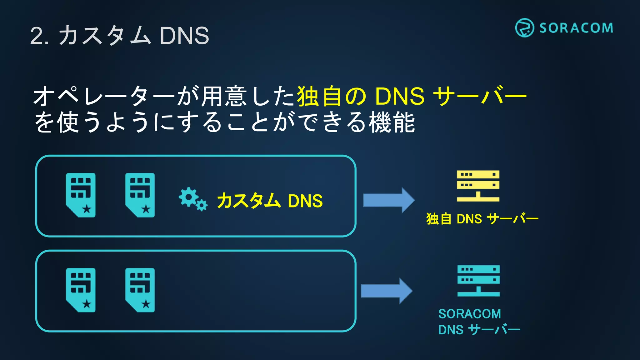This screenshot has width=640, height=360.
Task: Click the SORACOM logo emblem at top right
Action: pyautogui.click(x=524, y=28)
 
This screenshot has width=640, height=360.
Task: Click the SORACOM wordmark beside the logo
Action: pyautogui.click(x=576, y=28)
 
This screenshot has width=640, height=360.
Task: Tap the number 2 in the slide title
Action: pyautogui.click(x=37, y=36)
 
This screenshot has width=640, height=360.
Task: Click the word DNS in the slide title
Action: pyautogui.click(x=184, y=36)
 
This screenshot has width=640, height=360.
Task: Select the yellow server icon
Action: pyautogui.click(x=478, y=186)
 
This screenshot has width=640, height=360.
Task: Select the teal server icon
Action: pyautogui.click(x=478, y=280)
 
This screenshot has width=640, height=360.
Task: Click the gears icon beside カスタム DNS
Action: pyautogui.click(x=192, y=199)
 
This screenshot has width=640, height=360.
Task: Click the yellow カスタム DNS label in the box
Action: pyautogui.click(x=270, y=201)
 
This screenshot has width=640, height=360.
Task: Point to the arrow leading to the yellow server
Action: pyautogui.click(x=389, y=200)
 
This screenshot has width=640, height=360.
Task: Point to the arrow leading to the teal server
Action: pyautogui.click(x=387, y=291)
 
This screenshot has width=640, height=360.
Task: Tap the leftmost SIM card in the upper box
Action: pyautogui.click(x=81, y=195)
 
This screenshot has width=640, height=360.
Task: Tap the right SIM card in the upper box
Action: pyautogui.click(x=140, y=195)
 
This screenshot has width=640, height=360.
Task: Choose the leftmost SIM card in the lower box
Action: pyautogui.click(x=81, y=290)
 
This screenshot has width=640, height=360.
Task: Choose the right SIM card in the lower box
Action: pyautogui.click(x=140, y=290)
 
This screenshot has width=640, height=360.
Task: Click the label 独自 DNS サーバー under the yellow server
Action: pyautogui.click(x=482, y=219)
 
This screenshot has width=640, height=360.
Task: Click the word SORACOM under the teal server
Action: pyautogui.click(x=469, y=314)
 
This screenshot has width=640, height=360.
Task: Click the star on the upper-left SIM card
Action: pyautogui.click(x=87, y=209)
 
